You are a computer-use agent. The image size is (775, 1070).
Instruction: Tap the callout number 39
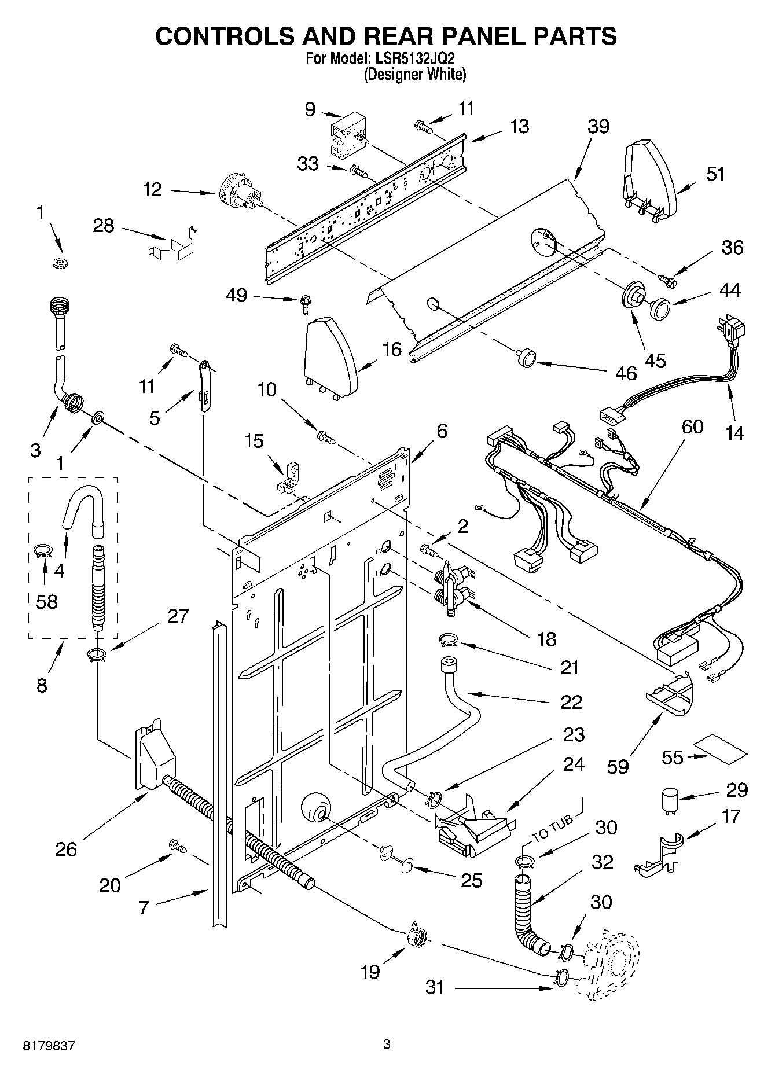pyautogui.click(x=598, y=126)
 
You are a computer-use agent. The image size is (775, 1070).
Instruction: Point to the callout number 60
pyautogui.click(x=692, y=426)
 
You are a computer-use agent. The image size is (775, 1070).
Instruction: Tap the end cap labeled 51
pyautogui.click(x=648, y=177)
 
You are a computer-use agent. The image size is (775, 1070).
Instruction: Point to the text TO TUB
pyautogui.click(x=552, y=828)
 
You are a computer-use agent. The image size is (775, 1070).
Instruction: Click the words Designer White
pyautogui.click(x=414, y=74)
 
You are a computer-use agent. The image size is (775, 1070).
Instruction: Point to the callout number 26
pyautogui.click(x=66, y=849)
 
